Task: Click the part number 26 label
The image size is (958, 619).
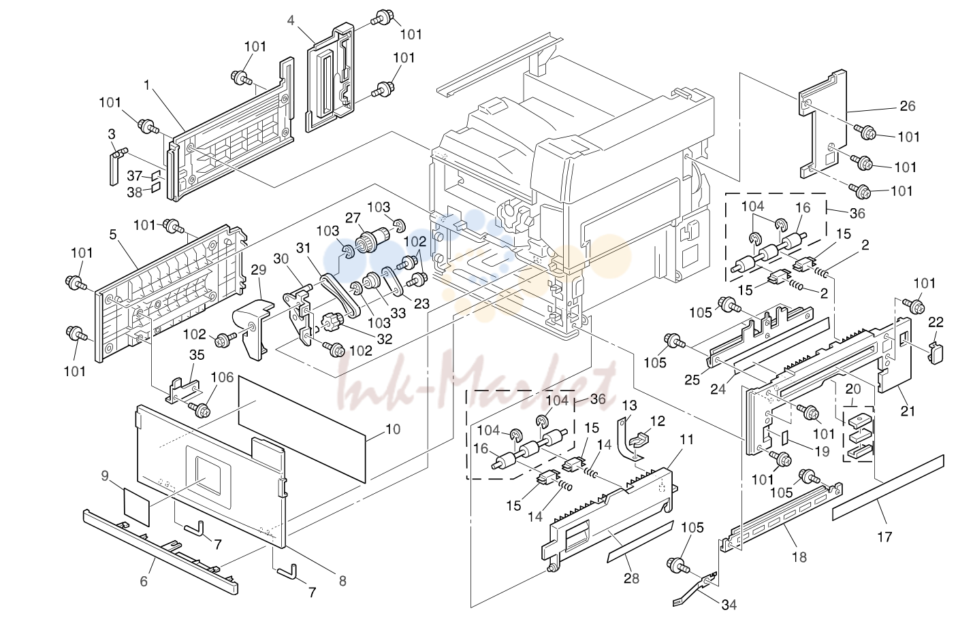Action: tap(907, 105)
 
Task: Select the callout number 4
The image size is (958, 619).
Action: tap(291, 20)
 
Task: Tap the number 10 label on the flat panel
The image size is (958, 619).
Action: tap(392, 429)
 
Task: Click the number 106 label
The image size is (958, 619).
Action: tap(223, 378)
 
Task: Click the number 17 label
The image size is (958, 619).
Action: tap(884, 537)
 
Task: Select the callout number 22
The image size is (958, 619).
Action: tap(936, 322)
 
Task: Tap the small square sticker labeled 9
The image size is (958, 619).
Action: tap(136, 507)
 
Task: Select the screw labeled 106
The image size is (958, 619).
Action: tap(200, 410)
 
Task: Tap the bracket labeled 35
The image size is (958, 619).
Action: tap(183, 390)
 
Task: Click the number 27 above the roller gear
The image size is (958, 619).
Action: tap(353, 218)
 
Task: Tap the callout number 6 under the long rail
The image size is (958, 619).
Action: tap(144, 581)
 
